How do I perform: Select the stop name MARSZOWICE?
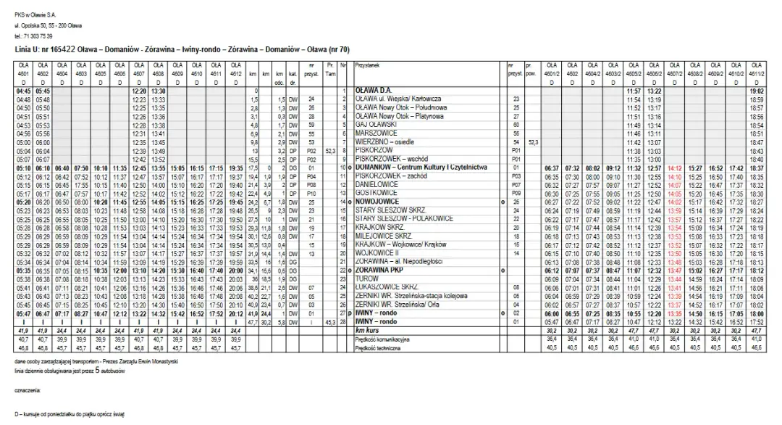click(373, 134)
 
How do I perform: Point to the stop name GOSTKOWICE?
click(374, 193)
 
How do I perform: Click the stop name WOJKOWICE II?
click(374, 252)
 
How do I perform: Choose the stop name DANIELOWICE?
click(374, 185)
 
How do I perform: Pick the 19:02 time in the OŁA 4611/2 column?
click(757, 91)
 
